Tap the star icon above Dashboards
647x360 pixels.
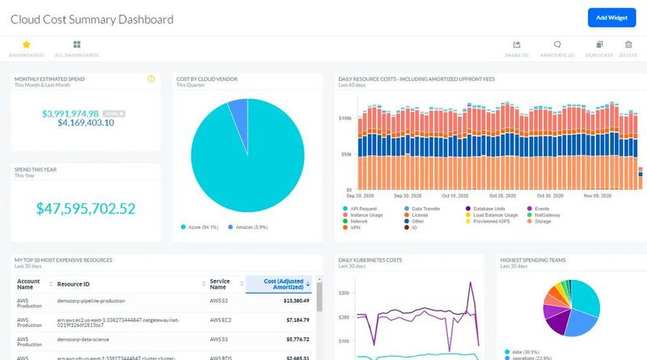click(x=26, y=45)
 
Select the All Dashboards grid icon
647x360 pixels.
click(x=76, y=45)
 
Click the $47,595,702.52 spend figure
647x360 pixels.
click(x=85, y=208)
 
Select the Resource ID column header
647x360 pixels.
click(x=72, y=284)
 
